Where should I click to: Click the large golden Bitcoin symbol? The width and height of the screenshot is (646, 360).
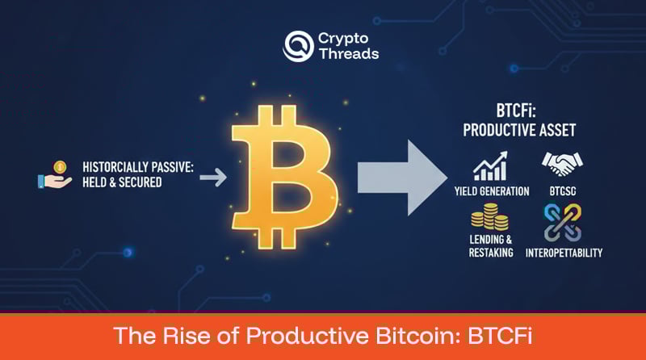(x=283, y=176)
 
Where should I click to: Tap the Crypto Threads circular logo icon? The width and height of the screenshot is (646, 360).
(x=298, y=46)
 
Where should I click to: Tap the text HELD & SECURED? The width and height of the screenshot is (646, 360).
(x=122, y=182)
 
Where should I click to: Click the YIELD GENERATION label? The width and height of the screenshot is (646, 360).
(x=491, y=191)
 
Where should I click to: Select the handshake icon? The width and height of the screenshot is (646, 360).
(x=563, y=164)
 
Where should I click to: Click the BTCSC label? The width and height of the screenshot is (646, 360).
(x=564, y=191)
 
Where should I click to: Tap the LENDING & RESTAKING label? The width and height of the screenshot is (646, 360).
(x=491, y=246)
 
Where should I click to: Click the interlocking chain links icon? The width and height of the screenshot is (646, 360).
(x=563, y=222)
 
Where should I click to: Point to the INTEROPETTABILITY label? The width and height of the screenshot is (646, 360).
(x=564, y=253)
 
